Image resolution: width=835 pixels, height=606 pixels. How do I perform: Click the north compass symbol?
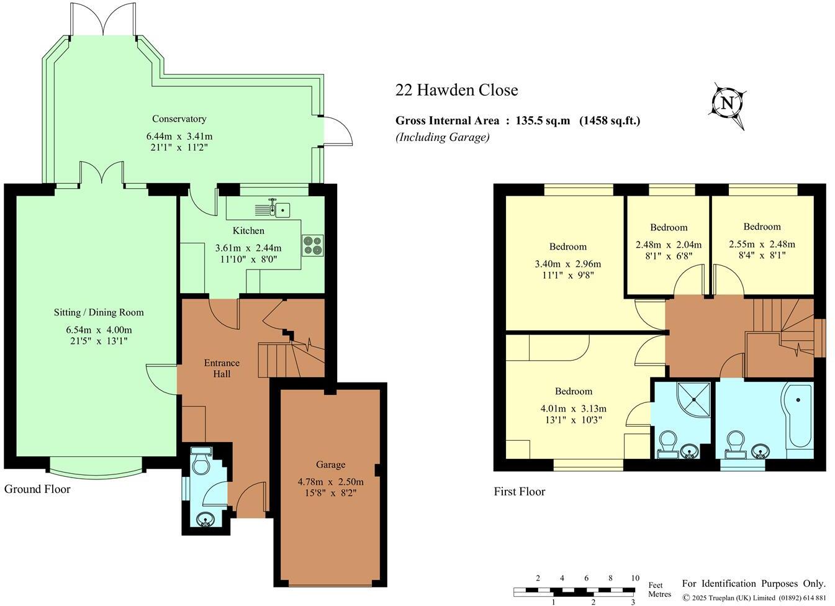coord(726,104)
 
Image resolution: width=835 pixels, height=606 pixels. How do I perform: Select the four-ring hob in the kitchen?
coord(313,245)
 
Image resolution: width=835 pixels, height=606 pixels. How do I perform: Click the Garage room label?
coord(330,464)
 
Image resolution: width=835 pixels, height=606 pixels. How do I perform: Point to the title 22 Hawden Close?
coord(456,91)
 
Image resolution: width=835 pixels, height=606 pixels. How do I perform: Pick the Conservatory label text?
coord(179,119)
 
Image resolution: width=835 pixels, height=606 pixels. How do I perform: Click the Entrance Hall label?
coord(222,368)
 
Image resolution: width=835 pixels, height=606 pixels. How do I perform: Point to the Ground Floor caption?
coord(37,489)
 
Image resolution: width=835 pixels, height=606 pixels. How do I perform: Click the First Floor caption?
coord(520,492)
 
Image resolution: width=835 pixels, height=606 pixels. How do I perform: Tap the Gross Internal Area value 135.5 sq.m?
coord(542,121)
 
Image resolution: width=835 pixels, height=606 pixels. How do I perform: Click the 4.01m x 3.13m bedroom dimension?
coord(573,409)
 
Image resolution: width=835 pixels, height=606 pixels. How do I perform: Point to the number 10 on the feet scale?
coord(634,578)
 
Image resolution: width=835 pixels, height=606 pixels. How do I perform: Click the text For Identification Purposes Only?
coord(754,584)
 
